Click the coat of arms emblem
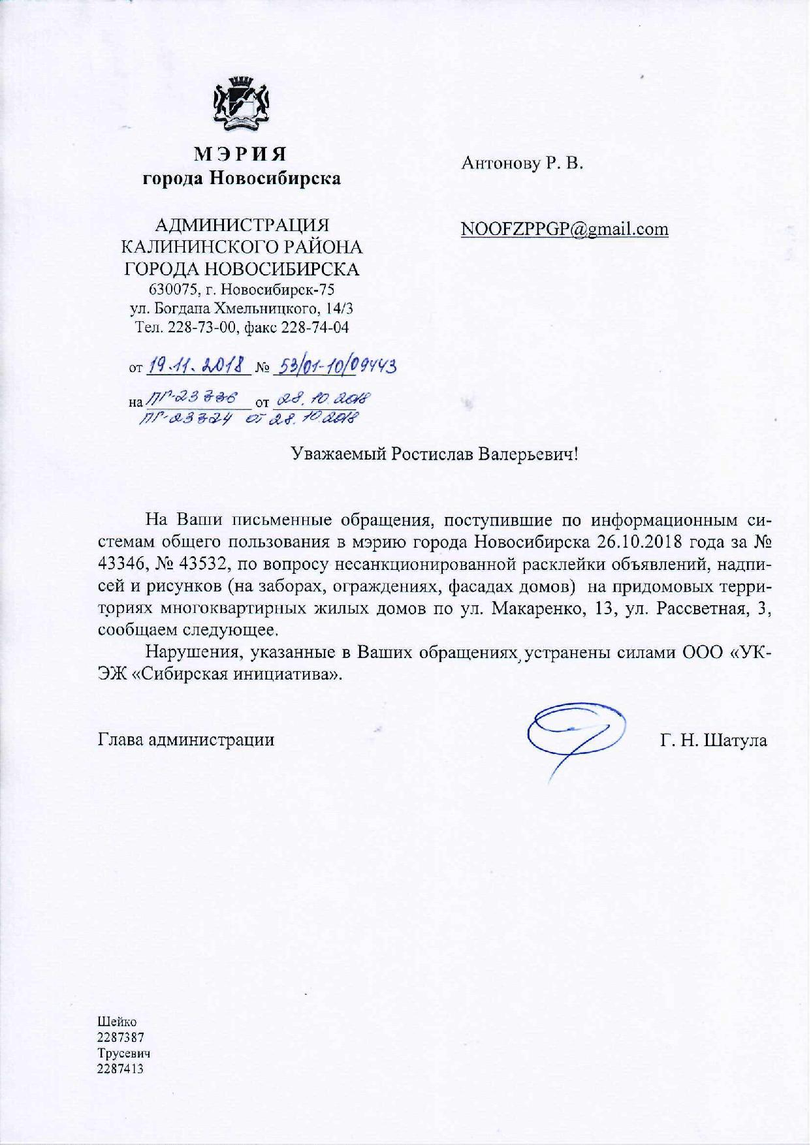click(242, 104)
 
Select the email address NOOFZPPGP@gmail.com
click(564, 229)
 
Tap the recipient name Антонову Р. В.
click(522, 163)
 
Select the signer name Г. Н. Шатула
click(714, 740)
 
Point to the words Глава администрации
click(186, 740)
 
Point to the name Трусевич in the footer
click(124, 1053)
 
